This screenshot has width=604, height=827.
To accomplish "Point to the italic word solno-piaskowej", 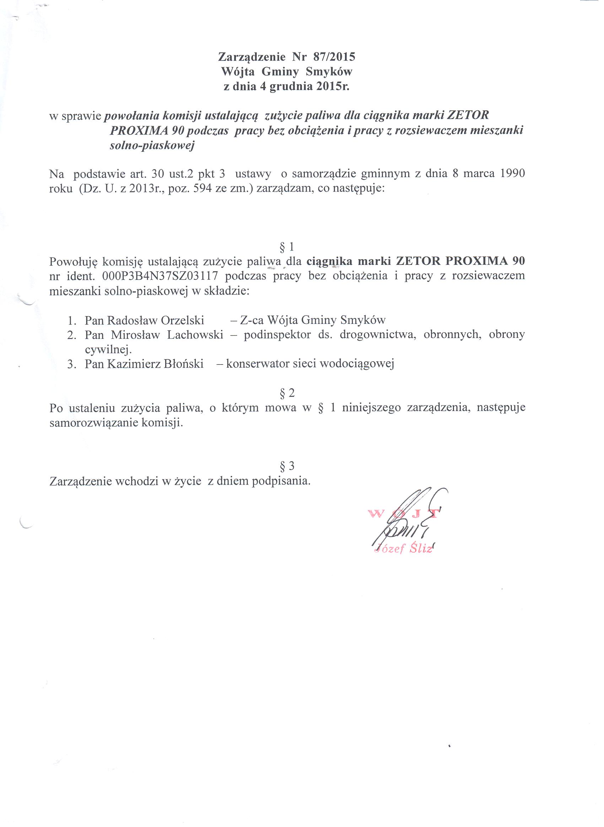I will (152, 145).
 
